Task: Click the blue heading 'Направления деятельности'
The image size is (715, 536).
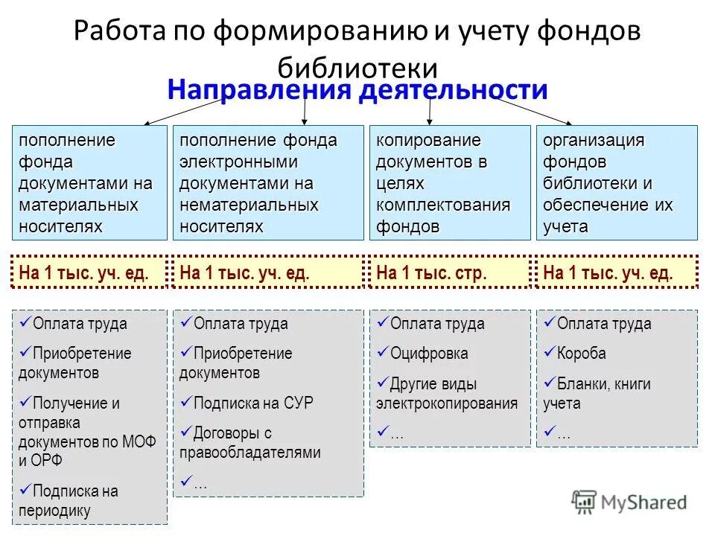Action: (357, 91)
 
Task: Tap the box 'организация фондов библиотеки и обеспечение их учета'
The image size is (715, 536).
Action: (617, 182)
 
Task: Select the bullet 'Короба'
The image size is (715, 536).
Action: (581, 354)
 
